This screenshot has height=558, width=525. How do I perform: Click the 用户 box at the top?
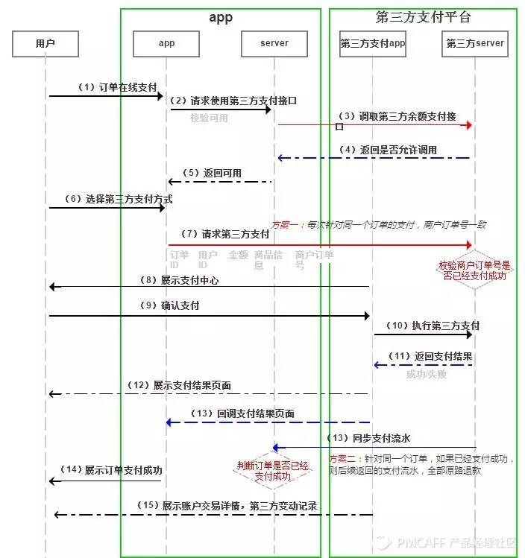click(x=45, y=43)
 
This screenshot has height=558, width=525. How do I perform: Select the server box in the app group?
click(x=274, y=43)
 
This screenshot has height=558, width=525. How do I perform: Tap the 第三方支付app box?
click(x=372, y=43)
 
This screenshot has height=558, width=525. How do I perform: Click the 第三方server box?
click(x=474, y=43)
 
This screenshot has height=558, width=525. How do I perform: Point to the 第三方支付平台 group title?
click(x=423, y=16)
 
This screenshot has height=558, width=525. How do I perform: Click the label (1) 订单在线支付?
click(x=119, y=87)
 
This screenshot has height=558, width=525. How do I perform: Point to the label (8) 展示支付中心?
click(x=179, y=280)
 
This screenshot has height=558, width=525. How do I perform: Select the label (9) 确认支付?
click(x=169, y=305)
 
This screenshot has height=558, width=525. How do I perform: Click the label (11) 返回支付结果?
click(x=433, y=355)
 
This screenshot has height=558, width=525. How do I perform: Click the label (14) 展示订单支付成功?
click(x=113, y=470)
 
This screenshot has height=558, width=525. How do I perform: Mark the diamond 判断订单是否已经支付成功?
click(x=273, y=470)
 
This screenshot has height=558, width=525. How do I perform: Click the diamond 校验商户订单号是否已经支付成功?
click(x=474, y=270)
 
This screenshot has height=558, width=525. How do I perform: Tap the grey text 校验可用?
click(x=209, y=118)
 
